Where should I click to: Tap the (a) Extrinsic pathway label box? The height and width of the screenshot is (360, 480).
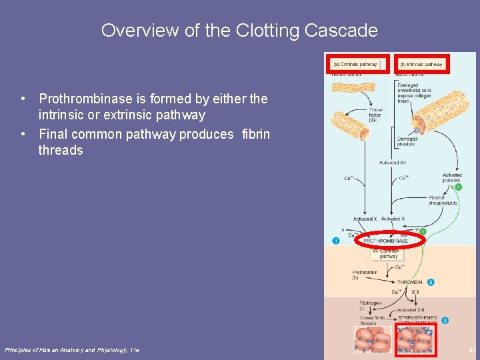tap(355, 65)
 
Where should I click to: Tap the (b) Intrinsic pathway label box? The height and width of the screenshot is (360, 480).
tap(421, 65)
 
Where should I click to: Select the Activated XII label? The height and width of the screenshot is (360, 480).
tap(393, 163)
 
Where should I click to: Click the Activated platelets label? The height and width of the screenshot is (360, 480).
tap(451, 177)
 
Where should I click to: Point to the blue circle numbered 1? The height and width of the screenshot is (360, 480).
tap(336, 240)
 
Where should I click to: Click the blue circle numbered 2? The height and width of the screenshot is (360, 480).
tap(431, 283)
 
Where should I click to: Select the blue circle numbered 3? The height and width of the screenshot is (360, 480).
tap(445, 321)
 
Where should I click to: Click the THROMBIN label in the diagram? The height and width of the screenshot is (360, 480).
tap(409, 283)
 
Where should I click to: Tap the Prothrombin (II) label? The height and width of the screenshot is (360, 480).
tap(365, 275)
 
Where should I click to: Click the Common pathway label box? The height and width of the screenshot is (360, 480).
tap(389, 253)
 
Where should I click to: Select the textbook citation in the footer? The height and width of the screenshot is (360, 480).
tap(72, 350)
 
